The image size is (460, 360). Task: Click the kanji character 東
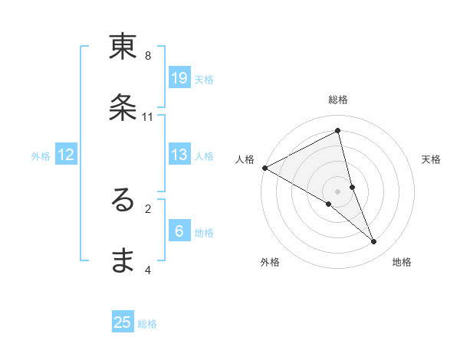(x=123, y=47)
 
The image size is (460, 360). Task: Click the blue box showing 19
(x=179, y=77)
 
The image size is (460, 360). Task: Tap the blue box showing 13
(x=179, y=155)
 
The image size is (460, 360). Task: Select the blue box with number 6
(x=179, y=231)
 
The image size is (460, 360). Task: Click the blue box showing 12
(x=66, y=155)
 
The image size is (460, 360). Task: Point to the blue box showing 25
(x=123, y=322)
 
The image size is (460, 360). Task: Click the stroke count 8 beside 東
(x=148, y=56)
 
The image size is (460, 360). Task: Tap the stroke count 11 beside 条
(x=148, y=117)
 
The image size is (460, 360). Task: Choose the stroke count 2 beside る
(x=148, y=208)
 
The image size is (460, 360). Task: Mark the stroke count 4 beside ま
(x=148, y=270)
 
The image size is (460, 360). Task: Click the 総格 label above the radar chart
(x=338, y=100)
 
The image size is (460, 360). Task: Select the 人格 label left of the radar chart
(x=245, y=159)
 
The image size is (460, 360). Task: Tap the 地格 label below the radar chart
(x=402, y=263)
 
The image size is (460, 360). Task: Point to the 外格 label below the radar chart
(x=270, y=263)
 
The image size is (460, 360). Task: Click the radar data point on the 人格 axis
(x=264, y=168)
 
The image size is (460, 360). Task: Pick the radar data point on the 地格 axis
(x=374, y=242)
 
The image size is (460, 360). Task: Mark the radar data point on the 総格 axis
(x=338, y=131)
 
